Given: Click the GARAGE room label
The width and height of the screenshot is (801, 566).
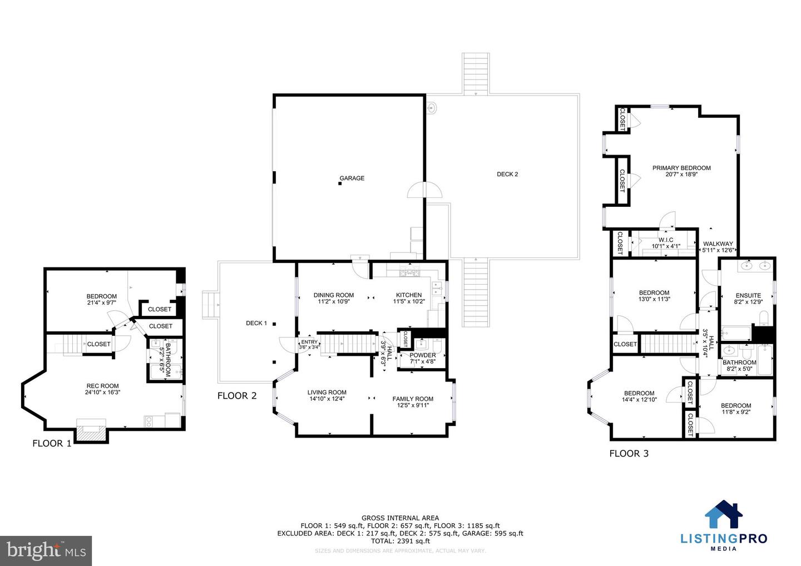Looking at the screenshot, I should pos(352,178).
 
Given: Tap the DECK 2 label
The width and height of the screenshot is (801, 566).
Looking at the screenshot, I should pos(507,175).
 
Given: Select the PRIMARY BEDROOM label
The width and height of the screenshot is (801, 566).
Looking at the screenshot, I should pos(681,168).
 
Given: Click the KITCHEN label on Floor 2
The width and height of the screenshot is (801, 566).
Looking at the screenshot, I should pos(409,295).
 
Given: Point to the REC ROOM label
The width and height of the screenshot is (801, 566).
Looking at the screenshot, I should pos(102,386).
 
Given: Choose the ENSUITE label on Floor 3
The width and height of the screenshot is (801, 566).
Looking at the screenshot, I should pos(748,296).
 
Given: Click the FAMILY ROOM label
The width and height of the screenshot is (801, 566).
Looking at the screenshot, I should pos(413,399).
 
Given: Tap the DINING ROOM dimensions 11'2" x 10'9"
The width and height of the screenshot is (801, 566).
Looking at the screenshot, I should pos(334,302).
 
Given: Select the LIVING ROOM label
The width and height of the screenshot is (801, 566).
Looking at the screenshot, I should pos(327,393).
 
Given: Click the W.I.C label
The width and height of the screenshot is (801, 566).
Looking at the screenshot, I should pos(666,240).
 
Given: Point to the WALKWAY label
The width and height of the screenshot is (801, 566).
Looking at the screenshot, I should pos(718,244).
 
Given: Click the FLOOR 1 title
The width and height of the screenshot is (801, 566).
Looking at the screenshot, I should pos(52,444).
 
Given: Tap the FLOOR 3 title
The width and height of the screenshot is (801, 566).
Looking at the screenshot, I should pos(629,454).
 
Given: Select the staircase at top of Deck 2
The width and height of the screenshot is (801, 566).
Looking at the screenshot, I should pos(476,73).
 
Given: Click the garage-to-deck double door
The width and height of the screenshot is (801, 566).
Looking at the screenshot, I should pos(426,191).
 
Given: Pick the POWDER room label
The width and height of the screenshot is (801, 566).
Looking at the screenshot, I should pos(423,355).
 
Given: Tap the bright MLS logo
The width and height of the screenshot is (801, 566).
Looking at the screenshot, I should pos(46,550).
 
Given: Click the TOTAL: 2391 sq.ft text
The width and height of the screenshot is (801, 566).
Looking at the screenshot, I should pos(400,541).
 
